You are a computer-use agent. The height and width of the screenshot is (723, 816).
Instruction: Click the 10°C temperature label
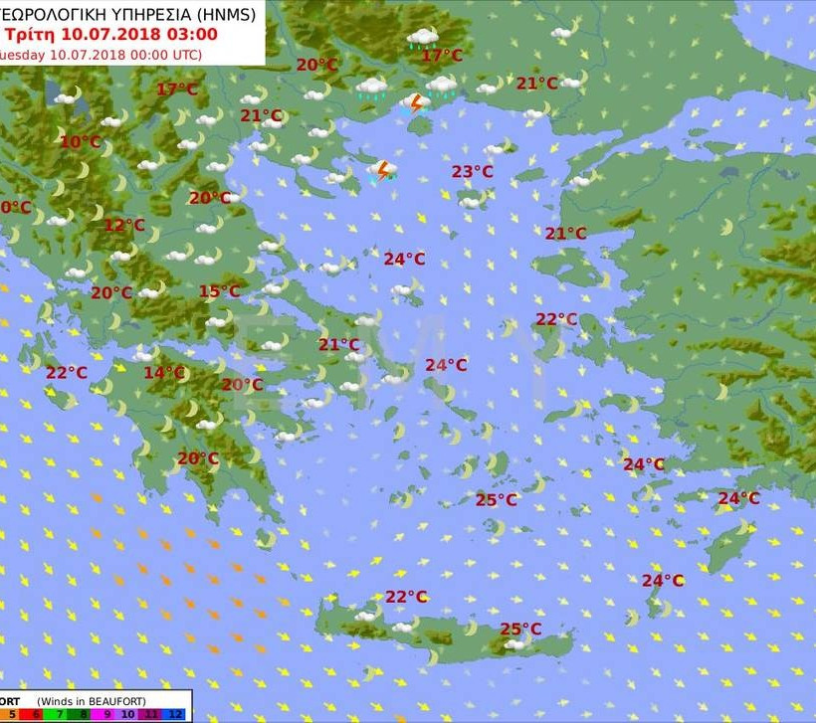pyautogui.click(x=80, y=142)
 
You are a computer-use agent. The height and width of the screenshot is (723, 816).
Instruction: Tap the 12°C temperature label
pyautogui.click(x=124, y=226)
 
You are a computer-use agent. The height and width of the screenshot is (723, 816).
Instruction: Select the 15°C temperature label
pyautogui.click(x=219, y=291)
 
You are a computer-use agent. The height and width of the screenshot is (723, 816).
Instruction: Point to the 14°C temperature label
pyautogui.click(x=164, y=373)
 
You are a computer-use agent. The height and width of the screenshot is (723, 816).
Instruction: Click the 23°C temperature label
pyautogui.click(x=472, y=171)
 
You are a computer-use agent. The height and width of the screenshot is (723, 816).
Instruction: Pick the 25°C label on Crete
pyautogui.click(x=520, y=629)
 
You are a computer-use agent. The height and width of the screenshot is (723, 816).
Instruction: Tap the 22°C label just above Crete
pyautogui.click(x=406, y=597)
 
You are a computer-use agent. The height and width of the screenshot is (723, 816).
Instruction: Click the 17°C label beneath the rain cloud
pyautogui.click(x=442, y=56)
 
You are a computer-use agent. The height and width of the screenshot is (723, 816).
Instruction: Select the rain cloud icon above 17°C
pyautogui.click(x=423, y=38)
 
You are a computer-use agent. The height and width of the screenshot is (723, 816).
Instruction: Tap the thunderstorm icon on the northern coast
pyautogui.click(x=416, y=102)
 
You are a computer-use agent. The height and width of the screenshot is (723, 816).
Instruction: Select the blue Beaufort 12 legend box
pyautogui.click(x=175, y=714)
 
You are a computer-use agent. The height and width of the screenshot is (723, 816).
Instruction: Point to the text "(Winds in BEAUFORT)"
pyautogui.click(x=88, y=700)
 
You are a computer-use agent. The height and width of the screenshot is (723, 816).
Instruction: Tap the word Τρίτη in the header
pyautogui.click(x=29, y=34)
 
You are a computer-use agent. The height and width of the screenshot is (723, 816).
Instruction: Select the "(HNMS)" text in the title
pyautogui.click(x=225, y=13)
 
